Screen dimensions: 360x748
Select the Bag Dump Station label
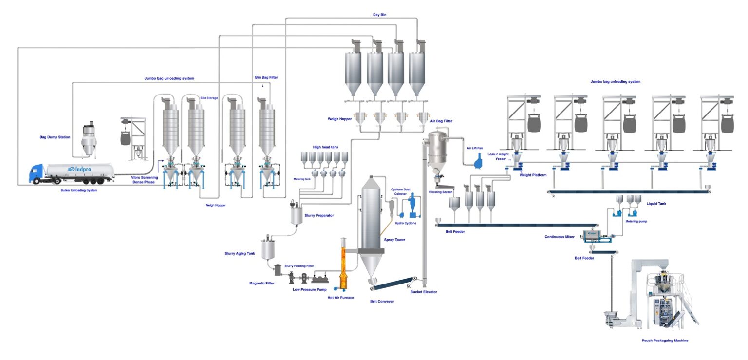(x=55, y=137)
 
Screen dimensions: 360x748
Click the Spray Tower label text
(x=394, y=240)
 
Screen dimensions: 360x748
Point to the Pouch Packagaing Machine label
(x=665, y=341)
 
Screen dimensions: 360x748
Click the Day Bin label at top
(x=379, y=15)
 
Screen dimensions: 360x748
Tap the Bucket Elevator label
(x=423, y=292)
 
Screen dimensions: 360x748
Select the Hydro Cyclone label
(x=406, y=223)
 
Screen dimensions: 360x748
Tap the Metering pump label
(x=636, y=221)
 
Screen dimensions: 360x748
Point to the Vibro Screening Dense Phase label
(x=145, y=180)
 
